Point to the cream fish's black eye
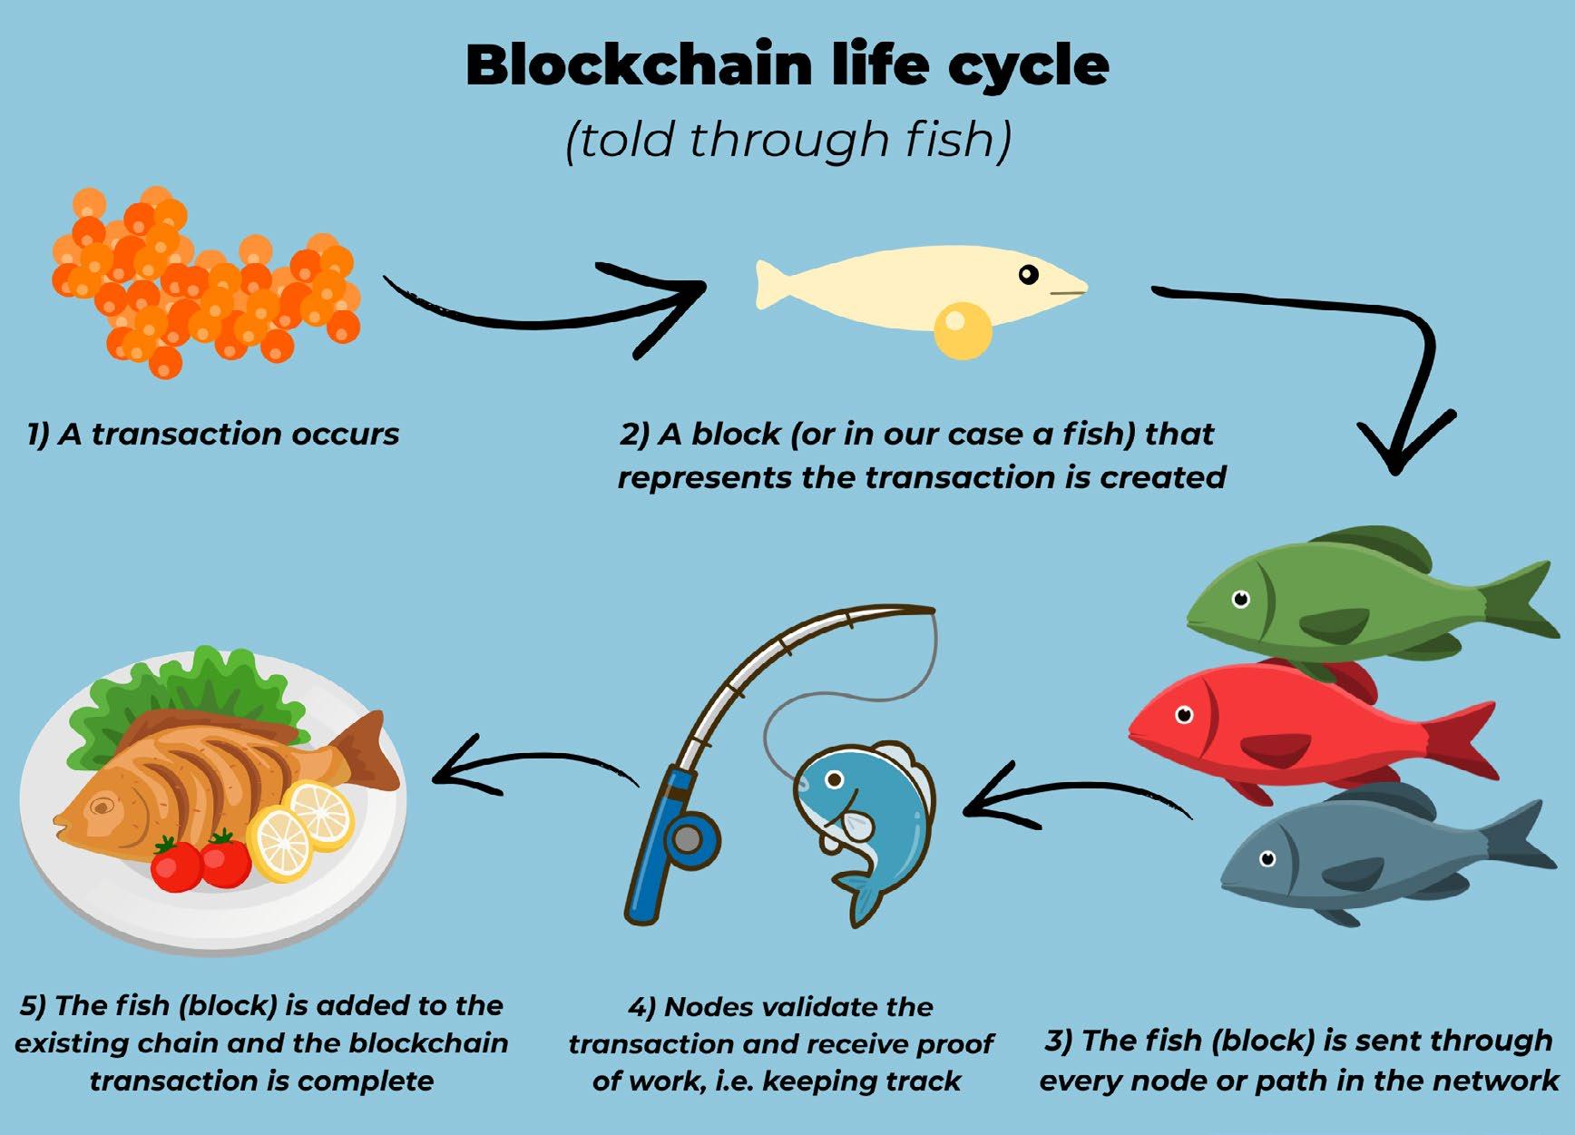[x=1028, y=274]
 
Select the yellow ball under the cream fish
[x=963, y=330]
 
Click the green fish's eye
[x=1240, y=599]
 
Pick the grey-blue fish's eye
[x=1267, y=858]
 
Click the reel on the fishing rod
[x=689, y=840]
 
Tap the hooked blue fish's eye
[x=834, y=779]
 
